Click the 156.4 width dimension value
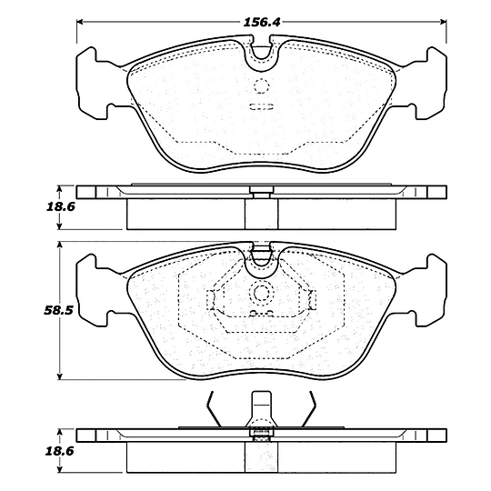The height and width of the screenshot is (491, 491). [x=262, y=22]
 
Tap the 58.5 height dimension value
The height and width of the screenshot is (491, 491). [x=58, y=310]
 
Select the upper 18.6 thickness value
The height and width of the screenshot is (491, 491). [x=61, y=206]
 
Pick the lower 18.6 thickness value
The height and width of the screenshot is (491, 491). [x=59, y=451]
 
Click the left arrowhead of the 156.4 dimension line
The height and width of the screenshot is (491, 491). [x=79, y=22]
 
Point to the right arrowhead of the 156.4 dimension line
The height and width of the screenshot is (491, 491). [x=444, y=22]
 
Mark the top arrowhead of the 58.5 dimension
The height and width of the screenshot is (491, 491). [x=60, y=245]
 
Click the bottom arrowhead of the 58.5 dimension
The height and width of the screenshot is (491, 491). [x=60, y=376]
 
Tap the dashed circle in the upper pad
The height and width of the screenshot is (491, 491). [x=261, y=85]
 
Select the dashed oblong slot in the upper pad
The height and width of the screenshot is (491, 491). [x=261, y=106]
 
